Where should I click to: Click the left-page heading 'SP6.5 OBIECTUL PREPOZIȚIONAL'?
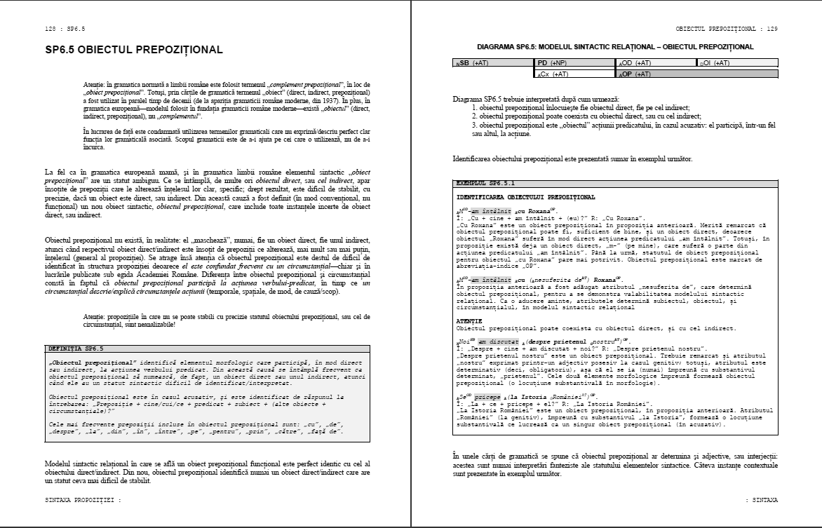[134, 50]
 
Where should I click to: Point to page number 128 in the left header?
[50, 29]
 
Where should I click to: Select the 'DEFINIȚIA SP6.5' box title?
[76, 348]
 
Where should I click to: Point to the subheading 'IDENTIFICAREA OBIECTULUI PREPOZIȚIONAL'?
[525, 198]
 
